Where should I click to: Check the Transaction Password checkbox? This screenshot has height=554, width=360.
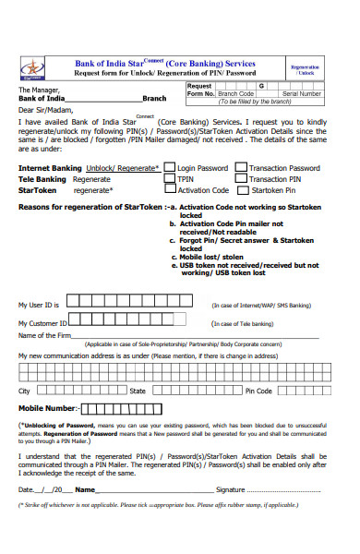tap(241, 168)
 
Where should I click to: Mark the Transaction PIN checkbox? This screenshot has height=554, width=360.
tap(241, 179)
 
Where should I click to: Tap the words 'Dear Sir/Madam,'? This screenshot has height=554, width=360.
tap(44, 109)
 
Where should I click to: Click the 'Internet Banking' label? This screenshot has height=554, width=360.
tap(50, 168)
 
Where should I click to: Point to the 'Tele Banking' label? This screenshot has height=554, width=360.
tap(42, 179)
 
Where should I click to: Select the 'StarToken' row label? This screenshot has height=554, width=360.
tap(38, 190)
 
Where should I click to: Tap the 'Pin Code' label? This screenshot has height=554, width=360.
tap(258, 391)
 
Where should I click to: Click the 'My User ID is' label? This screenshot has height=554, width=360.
tap(39, 304)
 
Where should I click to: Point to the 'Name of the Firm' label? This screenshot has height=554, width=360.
tap(46, 335)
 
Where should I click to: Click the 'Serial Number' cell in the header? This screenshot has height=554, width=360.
tap(302, 93)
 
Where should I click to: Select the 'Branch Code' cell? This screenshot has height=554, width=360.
tap(234, 93)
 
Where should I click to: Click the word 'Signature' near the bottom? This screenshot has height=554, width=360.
tap(230, 489)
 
